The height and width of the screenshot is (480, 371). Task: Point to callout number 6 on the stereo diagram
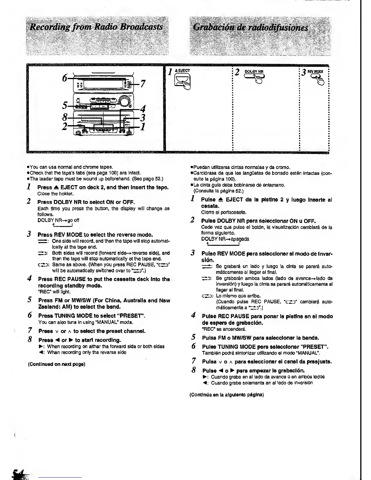[65, 78]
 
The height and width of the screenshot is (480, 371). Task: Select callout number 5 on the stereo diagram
[65, 106]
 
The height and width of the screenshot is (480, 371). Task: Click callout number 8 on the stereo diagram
[65, 117]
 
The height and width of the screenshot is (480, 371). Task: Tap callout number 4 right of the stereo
[143, 108]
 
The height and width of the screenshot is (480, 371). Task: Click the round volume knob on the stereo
[124, 100]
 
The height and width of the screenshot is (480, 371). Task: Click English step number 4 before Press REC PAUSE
[29, 279]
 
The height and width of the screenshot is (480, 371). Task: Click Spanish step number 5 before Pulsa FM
[193, 337]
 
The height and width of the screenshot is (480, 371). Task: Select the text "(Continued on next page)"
[56, 364]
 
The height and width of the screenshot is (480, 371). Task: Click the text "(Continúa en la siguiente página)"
[226, 395]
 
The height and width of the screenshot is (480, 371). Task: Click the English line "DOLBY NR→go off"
[58, 220]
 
